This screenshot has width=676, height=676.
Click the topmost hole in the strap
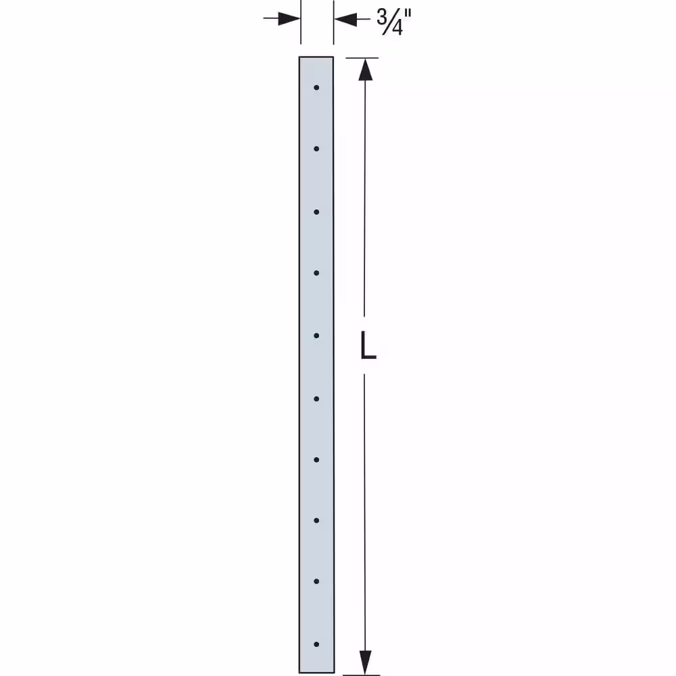(x=316, y=87)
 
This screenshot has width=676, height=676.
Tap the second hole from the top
(x=316, y=149)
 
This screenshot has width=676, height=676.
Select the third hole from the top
(x=316, y=212)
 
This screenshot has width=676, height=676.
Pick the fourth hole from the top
(x=316, y=273)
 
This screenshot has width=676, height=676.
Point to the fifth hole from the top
(x=316, y=336)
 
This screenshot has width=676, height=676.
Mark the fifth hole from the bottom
(x=316, y=399)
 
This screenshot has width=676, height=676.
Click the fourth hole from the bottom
(x=316, y=460)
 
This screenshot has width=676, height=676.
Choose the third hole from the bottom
(x=316, y=521)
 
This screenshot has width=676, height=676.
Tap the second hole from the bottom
(x=316, y=581)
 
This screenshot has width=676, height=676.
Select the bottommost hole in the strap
(x=316, y=644)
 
